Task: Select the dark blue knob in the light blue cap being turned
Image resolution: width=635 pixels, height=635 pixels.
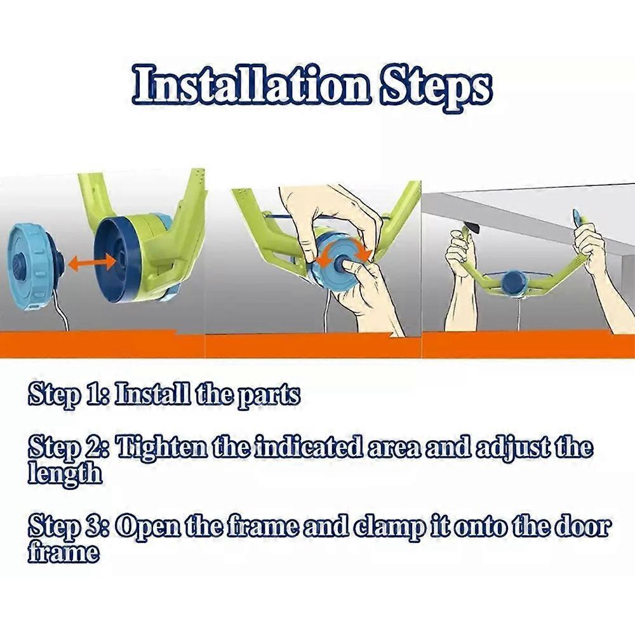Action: tap(340, 265)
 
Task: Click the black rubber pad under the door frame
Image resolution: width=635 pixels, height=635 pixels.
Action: tap(472, 227)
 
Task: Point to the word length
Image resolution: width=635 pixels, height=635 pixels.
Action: tap(64, 473)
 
